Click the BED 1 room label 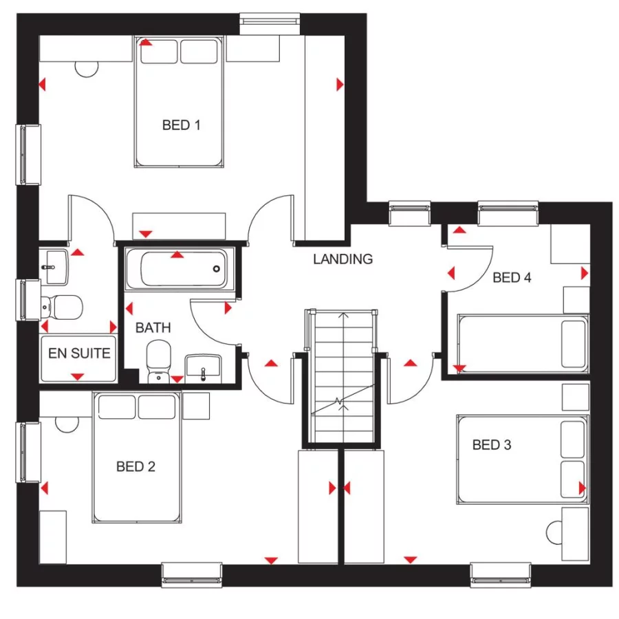[x=181, y=125]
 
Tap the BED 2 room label [x=135, y=467]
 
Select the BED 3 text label [x=491, y=445]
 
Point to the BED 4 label [x=512, y=278]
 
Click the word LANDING [x=343, y=259]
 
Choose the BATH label [x=153, y=328]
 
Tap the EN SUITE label [x=79, y=354]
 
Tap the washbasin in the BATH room [x=204, y=367]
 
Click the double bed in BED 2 [x=138, y=457]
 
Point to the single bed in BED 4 [x=523, y=344]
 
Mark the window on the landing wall [x=410, y=213]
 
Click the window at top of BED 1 [x=270, y=23]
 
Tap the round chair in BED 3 [x=554, y=533]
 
